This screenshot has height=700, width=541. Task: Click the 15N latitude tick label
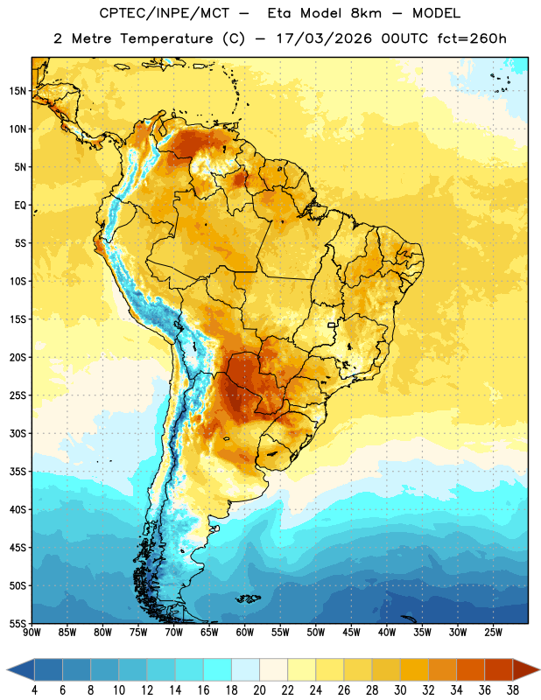(x=18, y=91)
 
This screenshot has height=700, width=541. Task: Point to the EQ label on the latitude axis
(x=20, y=206)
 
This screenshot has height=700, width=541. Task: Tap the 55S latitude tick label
(x=18, y=623)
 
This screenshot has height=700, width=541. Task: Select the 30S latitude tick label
(x=18, y=433)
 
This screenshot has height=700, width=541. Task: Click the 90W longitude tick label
(x=32, y=632)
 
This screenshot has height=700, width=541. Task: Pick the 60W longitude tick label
(x=245, y=632)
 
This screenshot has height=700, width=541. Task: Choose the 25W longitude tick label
(x=493, y=632)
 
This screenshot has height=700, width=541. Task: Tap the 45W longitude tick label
(x=351, y=632)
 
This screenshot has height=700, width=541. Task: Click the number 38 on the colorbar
(x=512, y=690)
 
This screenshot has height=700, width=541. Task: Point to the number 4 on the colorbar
(x=35, y=690)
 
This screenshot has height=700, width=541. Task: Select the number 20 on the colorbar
(x=259, y=690)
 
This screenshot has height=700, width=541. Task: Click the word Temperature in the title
(x=166, y=38)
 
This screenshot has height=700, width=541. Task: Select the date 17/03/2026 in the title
(x=324, y=38)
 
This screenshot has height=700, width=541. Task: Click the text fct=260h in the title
(x=472, y=38)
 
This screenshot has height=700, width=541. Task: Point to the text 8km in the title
(x=366, y=13)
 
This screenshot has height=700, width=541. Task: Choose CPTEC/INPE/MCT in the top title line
(x=164, y=14)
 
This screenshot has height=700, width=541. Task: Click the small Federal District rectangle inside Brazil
(x=332, y=325)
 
